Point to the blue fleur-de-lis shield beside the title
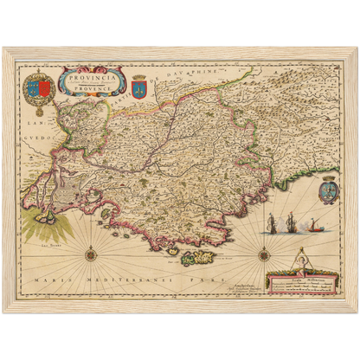[139, 87]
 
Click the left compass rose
[90, 253]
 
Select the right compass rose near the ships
[263, 253]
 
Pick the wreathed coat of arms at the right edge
[329, 189]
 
